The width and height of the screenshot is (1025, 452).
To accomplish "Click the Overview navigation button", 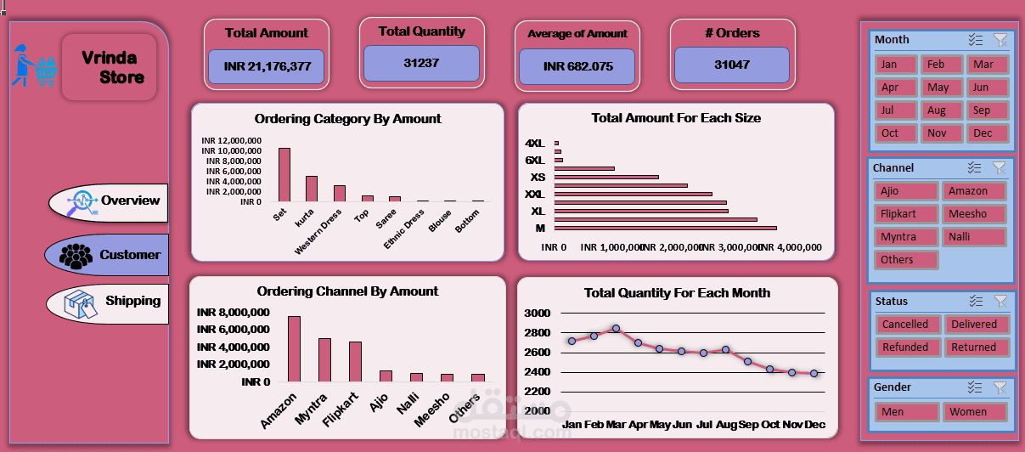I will click(109, 201).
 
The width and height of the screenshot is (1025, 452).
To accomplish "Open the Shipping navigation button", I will click(109, 302).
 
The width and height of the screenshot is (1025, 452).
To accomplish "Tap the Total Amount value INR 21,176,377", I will click(267, 66).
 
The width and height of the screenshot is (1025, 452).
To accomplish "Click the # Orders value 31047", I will click(731, 65).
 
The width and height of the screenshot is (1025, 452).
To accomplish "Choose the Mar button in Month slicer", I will click(985, 65).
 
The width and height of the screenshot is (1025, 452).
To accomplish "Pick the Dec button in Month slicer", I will click(985, 133).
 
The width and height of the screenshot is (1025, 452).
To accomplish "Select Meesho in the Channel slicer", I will click(974, 214).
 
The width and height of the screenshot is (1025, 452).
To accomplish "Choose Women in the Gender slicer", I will click(974, 412).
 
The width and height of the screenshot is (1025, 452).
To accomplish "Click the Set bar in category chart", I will click(284, 174).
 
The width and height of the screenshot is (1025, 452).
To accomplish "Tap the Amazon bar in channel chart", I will click(294, 349).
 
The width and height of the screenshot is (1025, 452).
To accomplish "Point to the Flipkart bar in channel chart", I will click(355, 362).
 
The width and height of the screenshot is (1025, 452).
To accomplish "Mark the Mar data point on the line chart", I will click(617, 328).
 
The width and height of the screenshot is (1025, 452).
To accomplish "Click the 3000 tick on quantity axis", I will click(538, 314).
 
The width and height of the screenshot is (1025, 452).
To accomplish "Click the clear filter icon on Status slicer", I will click(1000, 301).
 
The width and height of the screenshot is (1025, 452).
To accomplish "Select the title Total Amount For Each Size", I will click(676, 118).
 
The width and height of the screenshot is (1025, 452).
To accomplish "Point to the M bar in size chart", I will click(665, 228).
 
